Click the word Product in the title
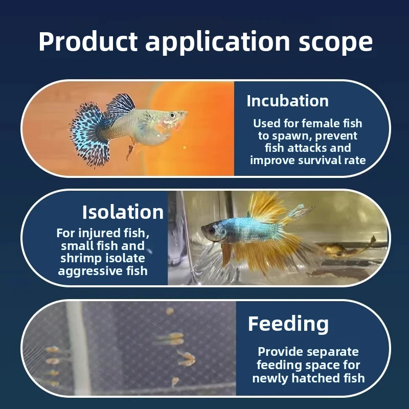click(88, 42)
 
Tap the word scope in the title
click(335, 42)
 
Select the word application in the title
click(218, 43)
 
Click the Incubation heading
click(287, 101)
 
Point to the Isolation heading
click(123, 212)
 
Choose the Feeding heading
click(288, 324)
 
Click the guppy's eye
click(172, 115)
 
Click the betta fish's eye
click(211, 230)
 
